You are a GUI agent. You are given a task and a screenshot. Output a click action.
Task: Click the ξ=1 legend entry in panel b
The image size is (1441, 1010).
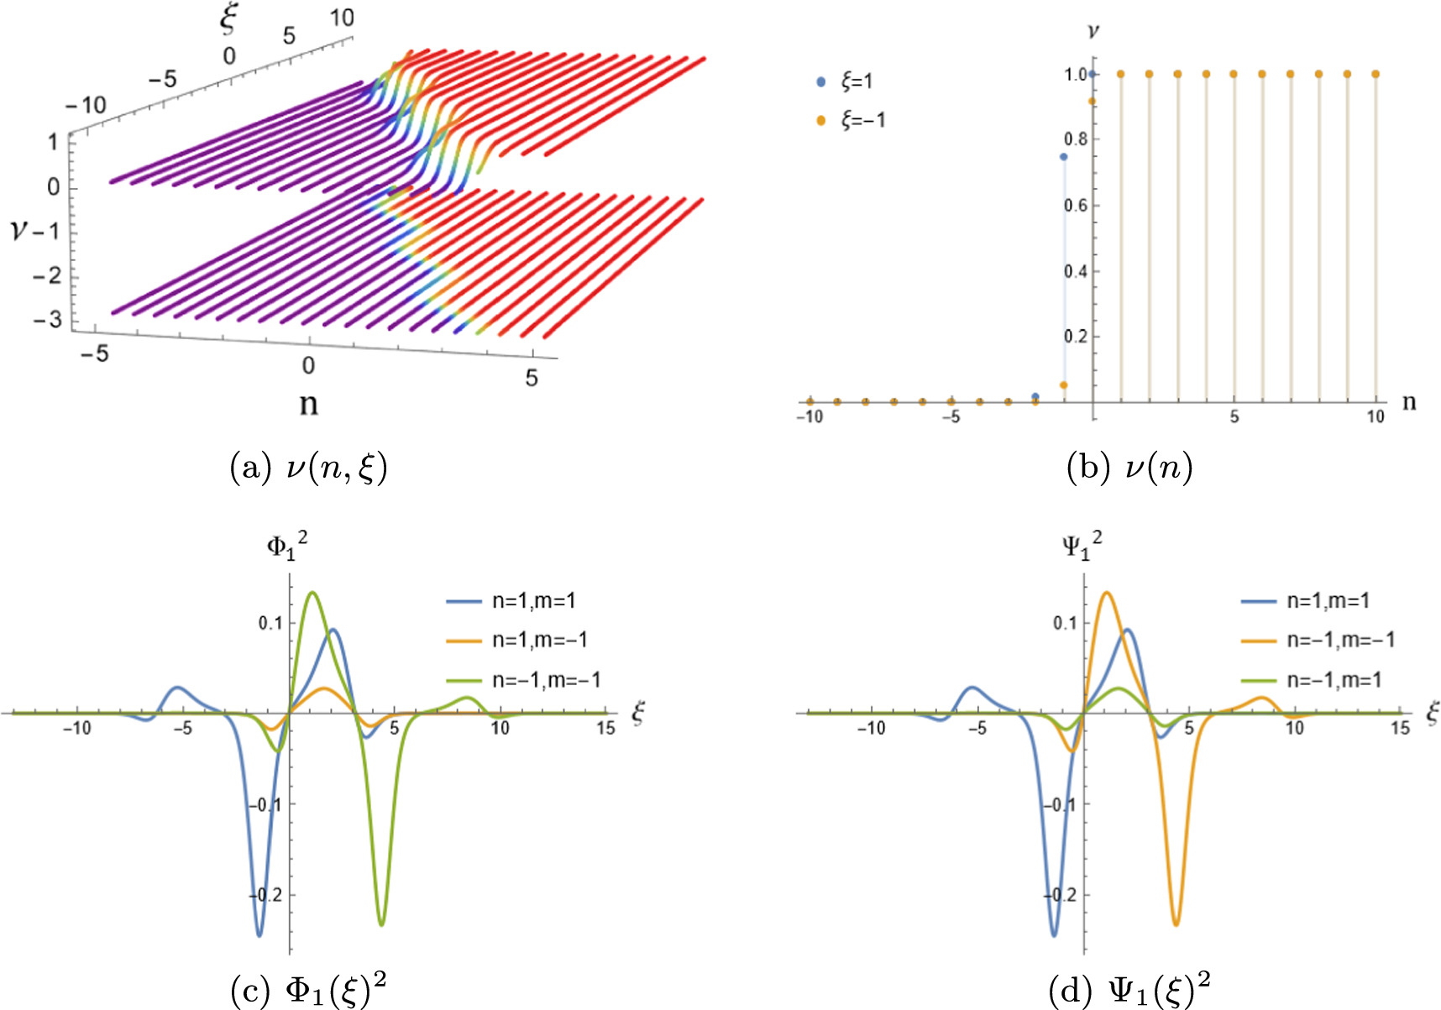[x=848, y=81]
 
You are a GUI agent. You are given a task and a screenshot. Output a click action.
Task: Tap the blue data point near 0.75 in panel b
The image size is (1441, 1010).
[x=1063, y=157]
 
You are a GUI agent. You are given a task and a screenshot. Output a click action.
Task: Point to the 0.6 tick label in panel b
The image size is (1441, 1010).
[x=1076, y=205]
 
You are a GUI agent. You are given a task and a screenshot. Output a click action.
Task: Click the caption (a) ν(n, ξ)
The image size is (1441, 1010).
[x=308, y=467]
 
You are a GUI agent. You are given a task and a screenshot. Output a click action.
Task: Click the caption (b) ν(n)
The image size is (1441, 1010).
[x=1129, y=467]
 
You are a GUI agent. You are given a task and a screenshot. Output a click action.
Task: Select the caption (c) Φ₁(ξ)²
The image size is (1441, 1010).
[x=308, y=991]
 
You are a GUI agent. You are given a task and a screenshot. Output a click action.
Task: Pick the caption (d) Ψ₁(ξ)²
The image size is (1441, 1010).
[x=1129, y=991]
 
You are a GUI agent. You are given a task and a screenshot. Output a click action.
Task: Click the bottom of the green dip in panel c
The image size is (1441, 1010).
[x=381, y=924]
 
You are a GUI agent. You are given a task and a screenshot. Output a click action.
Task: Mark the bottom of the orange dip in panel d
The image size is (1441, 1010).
[x=1176, y=924]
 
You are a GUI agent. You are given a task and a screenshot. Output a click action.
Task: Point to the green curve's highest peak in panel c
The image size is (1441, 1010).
[x=312, y=593]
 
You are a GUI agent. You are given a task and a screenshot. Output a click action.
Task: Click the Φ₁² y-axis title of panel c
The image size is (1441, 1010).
[x=286, y=546]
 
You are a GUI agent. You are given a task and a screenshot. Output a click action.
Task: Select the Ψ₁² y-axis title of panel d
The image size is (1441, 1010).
[x=1081, y=546]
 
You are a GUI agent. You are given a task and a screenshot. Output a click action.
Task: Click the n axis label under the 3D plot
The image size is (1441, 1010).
[x=309, y=405]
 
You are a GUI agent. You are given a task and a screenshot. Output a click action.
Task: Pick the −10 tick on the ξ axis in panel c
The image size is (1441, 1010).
[x=77, y=728]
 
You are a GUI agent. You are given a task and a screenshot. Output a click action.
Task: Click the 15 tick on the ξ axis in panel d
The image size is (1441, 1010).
[x=1400, y=728]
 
